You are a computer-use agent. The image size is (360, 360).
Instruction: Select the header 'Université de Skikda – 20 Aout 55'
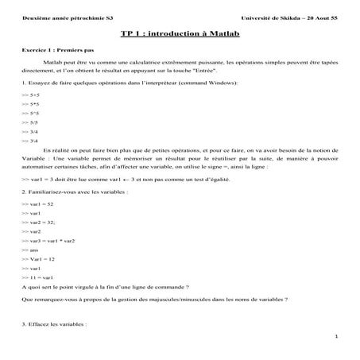(x=292, y=17)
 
